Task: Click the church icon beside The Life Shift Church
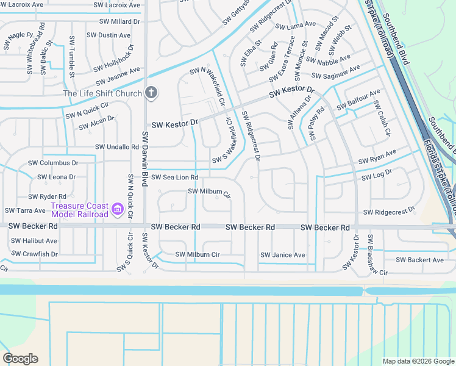tap(151, 93)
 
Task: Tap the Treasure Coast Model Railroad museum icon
tap(118, 210)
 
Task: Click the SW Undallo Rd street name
tap(117, 147)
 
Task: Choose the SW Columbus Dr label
tap(53, 163)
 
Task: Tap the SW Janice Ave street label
tap(282, 255)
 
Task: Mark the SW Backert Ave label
tap(420, 260)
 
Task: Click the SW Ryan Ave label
tap(377, 157)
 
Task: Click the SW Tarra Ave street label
tap(25, 210)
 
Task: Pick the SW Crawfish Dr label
tap(35, 254)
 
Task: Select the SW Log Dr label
tap(376, 177)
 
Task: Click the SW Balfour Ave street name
tap(363, 96)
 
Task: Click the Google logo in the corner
tap(20, 359)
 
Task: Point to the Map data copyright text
tap(418, 361)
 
